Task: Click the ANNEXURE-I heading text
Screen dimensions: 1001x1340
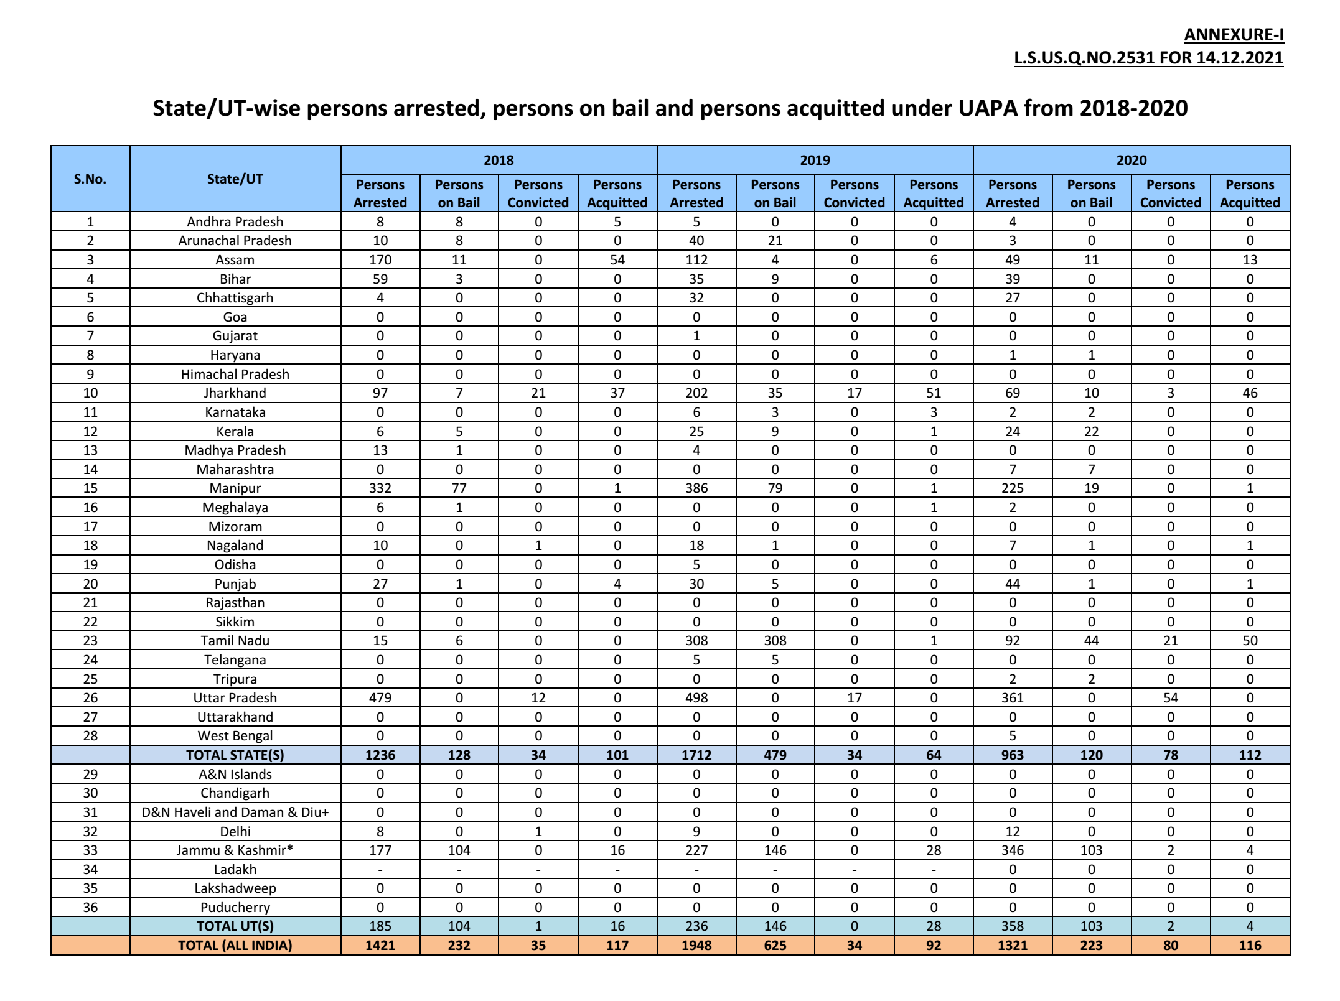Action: coord(1234,35)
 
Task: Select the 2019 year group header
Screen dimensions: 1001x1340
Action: coord(815,161)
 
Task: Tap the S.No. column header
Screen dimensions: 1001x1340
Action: coord(90,179)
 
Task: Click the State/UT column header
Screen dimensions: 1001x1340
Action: coord(235,179)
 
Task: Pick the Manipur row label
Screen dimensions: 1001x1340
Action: coord(235,488)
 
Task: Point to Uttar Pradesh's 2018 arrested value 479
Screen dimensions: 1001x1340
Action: coord(380,698)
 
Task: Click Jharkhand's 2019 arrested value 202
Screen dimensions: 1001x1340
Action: coord(696,393)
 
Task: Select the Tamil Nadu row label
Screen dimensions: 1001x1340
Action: coord(235,641)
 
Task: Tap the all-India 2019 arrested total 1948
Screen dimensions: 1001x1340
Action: coord(696,946)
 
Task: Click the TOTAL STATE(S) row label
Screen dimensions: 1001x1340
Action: coord(235,755)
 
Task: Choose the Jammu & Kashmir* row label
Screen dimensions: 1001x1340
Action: coord(235,850)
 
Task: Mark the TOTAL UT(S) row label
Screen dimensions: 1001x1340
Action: coord(235,926)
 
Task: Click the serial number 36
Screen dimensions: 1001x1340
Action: coord(90,908)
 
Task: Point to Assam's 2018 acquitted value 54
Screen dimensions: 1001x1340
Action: coord(617,260)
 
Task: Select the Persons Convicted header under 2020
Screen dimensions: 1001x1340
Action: coord(1171,193)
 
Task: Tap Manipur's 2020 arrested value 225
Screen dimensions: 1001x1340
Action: coord(1013,488)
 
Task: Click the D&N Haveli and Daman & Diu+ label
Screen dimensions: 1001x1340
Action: coord(235,812)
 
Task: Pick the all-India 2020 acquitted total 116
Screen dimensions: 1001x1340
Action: coord(1250,946)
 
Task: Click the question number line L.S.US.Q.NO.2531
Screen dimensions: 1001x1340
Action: coord(1148,58)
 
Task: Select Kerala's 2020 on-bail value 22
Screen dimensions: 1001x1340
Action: coord(1092,432)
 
